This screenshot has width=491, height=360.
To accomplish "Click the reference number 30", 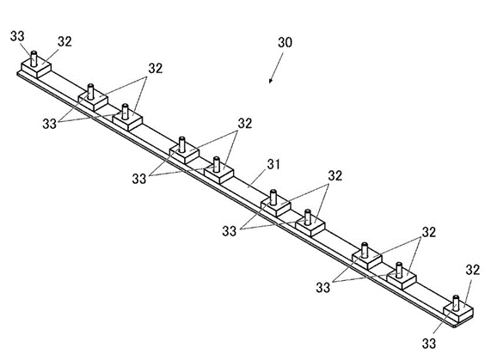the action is (285, 42).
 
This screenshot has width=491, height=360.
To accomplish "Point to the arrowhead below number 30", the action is (271, 81).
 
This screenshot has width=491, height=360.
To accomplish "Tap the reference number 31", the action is (273, 164).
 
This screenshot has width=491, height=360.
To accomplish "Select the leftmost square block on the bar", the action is (36, 69).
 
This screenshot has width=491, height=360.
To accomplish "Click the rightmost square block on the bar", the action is (458, 312).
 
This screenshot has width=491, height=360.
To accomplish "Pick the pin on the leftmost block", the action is (34, 58).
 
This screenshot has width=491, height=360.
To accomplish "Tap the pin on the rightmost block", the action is (456, 302).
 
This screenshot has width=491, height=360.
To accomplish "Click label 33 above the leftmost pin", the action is (17, 36).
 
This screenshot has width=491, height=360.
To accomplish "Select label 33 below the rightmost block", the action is (429, 344).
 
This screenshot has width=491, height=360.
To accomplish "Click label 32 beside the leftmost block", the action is (64, 41).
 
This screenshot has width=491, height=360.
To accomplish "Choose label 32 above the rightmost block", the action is (473, 270).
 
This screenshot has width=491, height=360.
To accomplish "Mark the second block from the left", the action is (93, 101).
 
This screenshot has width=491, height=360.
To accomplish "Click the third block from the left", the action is (127, 121).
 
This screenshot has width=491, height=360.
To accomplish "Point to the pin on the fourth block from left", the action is (182, 144).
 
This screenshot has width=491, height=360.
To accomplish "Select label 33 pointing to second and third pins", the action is (50, 124).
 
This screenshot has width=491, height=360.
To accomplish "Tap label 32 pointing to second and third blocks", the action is (156, 68).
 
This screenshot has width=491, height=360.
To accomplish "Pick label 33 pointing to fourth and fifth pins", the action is (139, 179).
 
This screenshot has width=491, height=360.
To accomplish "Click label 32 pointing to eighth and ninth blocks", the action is (429, 232).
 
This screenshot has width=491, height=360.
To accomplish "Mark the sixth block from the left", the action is (276, 207).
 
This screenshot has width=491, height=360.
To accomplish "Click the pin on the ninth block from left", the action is (399, 270).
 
